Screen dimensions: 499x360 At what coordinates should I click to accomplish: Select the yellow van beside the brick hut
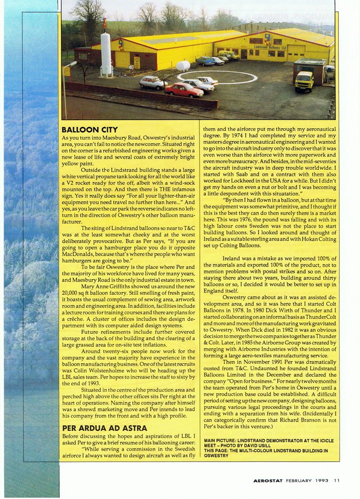pyautogui.click(x=304, y=81)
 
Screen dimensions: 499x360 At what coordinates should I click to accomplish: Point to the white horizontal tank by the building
pyautogui.click(x=183, y=65)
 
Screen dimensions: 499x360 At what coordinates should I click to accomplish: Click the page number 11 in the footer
pyautogui.click(x=337, y=481)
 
